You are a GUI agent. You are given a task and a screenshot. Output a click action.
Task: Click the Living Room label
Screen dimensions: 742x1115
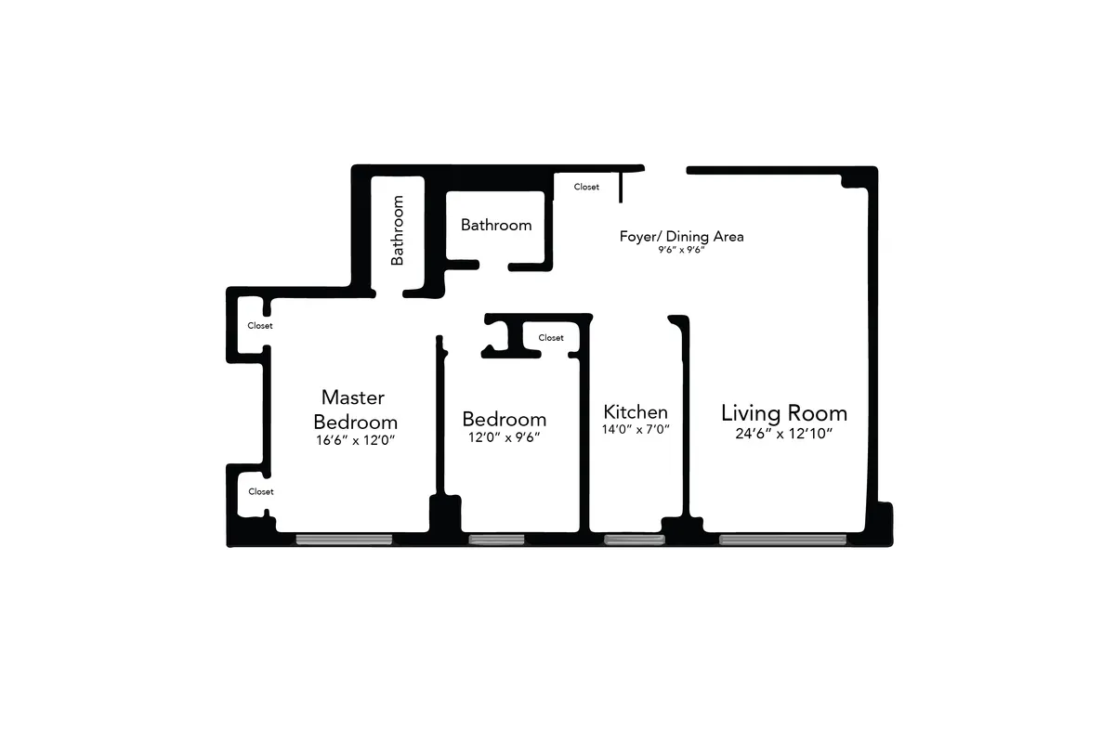783,413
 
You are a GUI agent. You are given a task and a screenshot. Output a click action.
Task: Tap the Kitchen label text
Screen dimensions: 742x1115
636,411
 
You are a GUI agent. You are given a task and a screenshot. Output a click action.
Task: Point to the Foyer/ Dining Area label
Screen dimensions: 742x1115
681,236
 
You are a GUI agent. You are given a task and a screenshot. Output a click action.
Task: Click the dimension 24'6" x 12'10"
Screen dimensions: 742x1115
783,434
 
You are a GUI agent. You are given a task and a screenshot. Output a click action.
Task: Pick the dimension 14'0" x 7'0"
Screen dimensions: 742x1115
636,430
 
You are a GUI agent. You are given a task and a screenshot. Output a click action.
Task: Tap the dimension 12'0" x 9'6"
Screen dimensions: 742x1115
503,437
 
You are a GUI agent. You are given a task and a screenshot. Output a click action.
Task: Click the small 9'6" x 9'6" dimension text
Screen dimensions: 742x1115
682,251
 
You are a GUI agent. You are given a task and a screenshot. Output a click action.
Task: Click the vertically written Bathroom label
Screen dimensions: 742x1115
398,230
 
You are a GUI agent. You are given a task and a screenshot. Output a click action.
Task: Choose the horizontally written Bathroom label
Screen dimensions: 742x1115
496,225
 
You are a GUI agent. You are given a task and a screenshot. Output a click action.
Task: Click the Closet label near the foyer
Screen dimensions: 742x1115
586,187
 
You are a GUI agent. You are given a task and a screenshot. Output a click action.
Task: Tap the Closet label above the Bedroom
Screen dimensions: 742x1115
551,338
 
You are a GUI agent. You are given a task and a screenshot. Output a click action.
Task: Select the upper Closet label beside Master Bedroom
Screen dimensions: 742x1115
260,326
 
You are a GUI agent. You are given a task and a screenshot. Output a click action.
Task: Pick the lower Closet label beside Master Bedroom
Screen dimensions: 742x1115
260,491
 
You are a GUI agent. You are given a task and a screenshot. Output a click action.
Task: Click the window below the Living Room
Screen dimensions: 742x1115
782,540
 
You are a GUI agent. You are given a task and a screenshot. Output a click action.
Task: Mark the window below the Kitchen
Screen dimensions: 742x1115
634,540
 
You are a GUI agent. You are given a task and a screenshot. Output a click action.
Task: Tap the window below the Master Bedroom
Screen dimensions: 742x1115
344,540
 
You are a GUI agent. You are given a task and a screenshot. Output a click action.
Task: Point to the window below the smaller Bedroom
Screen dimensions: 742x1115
496,540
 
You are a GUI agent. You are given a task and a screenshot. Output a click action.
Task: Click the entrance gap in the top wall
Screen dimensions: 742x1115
665,170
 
